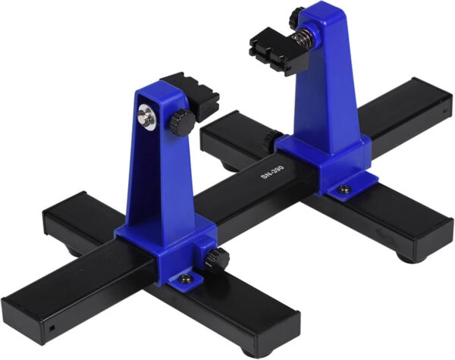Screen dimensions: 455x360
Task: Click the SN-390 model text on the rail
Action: tap(272, 172)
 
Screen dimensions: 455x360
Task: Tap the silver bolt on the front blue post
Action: tap(147, 116)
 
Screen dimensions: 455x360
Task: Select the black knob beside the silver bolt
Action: tap(182, 122)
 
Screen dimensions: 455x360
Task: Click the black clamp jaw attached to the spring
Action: tap(277, 52)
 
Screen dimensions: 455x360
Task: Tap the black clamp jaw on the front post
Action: tap(193, 95)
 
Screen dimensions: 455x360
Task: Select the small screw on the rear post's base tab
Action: tap(345, 189)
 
